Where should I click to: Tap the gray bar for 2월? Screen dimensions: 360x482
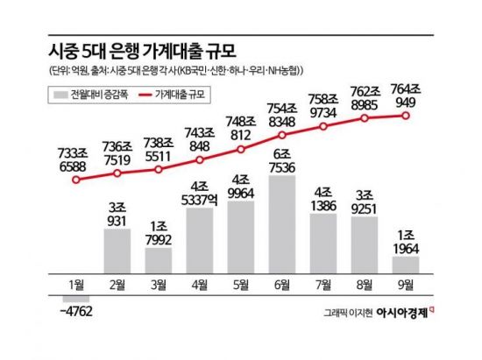pyautogui.click(x=123, y=250)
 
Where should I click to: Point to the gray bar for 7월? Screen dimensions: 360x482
pyautogui.click(x=323, y=247)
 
